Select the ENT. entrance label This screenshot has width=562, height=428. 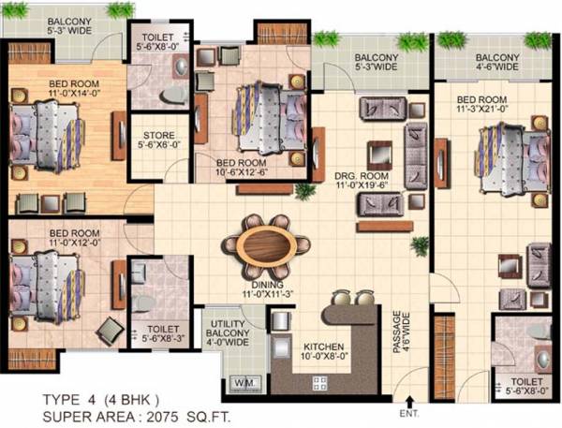coord(408,411)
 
